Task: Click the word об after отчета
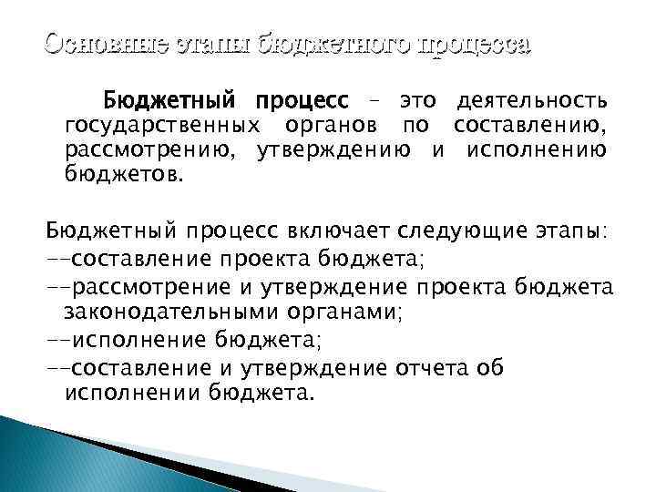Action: tap(488, 368)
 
